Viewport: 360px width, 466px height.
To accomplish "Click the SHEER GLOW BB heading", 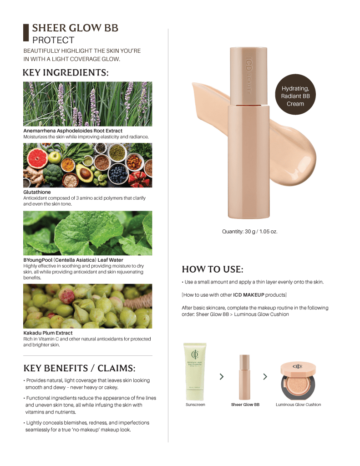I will (75, 28).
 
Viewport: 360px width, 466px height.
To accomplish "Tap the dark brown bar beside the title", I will (26, 33).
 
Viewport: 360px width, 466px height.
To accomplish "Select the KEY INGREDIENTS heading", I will (66, 73).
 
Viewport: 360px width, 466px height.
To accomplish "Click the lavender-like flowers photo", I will (87, 104).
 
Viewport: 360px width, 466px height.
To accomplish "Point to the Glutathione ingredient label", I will (37, 192).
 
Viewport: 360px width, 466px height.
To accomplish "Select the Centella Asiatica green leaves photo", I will (87, 233).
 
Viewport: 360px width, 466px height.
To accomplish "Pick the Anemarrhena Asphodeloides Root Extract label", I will (73, 131).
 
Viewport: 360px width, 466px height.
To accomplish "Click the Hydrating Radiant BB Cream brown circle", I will (295, 95).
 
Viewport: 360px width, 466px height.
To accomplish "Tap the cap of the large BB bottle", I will (248, 75).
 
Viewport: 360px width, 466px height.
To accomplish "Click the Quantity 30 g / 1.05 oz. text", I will (249, 232).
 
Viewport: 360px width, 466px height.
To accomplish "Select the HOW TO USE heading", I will (213, 269).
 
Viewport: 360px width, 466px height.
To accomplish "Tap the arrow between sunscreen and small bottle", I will (222, 377).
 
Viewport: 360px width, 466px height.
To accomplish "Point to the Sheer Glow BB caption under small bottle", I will (245, 405).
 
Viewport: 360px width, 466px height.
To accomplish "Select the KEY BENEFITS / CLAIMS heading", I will (79, 368).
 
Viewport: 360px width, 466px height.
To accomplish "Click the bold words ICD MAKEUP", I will (248, 295).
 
